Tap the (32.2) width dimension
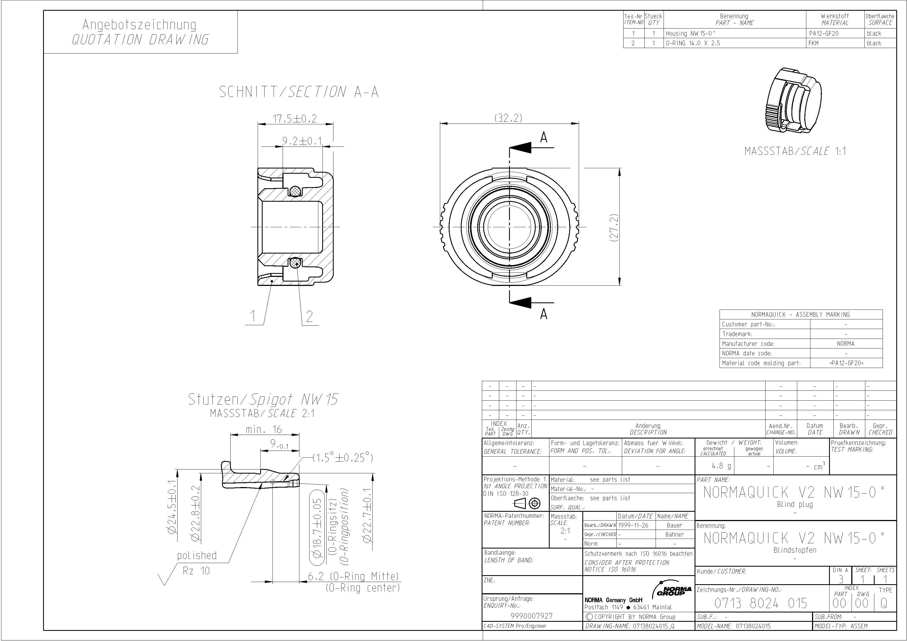click(x=509, y=118)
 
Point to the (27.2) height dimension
click(x=614, y=228)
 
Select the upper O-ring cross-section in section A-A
click(x=295, y=191)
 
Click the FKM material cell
click(x=813, y=43)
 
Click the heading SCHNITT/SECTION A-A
click(x=299, y=92)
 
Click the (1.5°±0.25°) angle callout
click(x=343, y=458)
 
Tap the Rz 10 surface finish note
click(x=196, y=571)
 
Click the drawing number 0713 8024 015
click(x=760, y=603)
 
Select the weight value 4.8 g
click(x=721, y=466)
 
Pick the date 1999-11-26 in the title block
click(x=633, y=525)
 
